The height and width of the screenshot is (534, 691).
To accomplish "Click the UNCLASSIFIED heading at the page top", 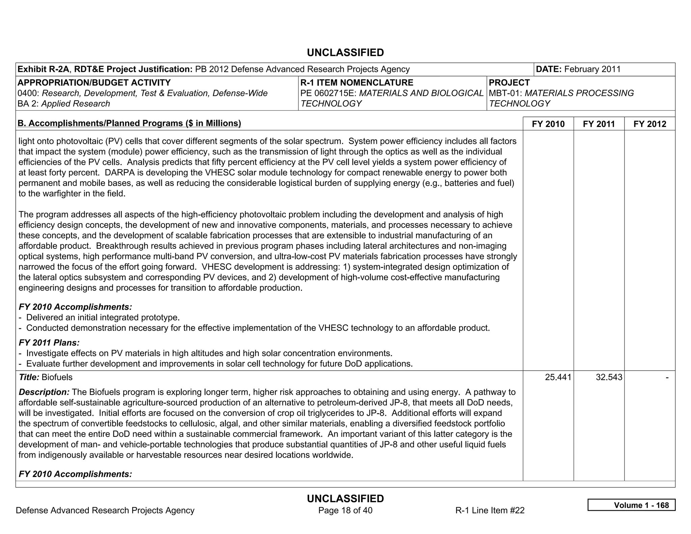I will point(345,53).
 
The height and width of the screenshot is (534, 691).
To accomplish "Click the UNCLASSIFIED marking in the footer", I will point(345,499).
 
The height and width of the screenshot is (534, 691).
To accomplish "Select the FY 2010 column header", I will point(548,124).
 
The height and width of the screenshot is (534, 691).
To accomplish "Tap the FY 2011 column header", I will point(599,124).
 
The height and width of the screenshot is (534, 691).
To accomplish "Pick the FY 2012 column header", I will point(649,124).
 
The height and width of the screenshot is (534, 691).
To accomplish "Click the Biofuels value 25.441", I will point(558,377).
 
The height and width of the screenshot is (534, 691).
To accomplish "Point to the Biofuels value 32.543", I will point(609,377).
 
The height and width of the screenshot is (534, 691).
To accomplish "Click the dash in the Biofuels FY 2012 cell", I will point(667,377).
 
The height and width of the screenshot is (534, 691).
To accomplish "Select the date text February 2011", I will point(592,69).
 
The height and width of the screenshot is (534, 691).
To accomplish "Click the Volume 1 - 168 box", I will point(631,505).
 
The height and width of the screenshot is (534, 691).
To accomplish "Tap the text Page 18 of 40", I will point(345,510).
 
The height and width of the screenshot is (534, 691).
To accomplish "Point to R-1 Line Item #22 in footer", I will point(490,510).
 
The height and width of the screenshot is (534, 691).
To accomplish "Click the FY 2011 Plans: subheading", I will point(49,343).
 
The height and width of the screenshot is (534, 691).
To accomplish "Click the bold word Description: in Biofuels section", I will point(44,392).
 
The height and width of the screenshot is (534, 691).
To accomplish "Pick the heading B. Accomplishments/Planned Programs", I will point(129,123).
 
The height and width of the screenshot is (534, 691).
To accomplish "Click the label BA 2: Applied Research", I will point(64,104).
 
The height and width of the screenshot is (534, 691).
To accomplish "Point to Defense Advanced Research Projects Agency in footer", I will point(105,510).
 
